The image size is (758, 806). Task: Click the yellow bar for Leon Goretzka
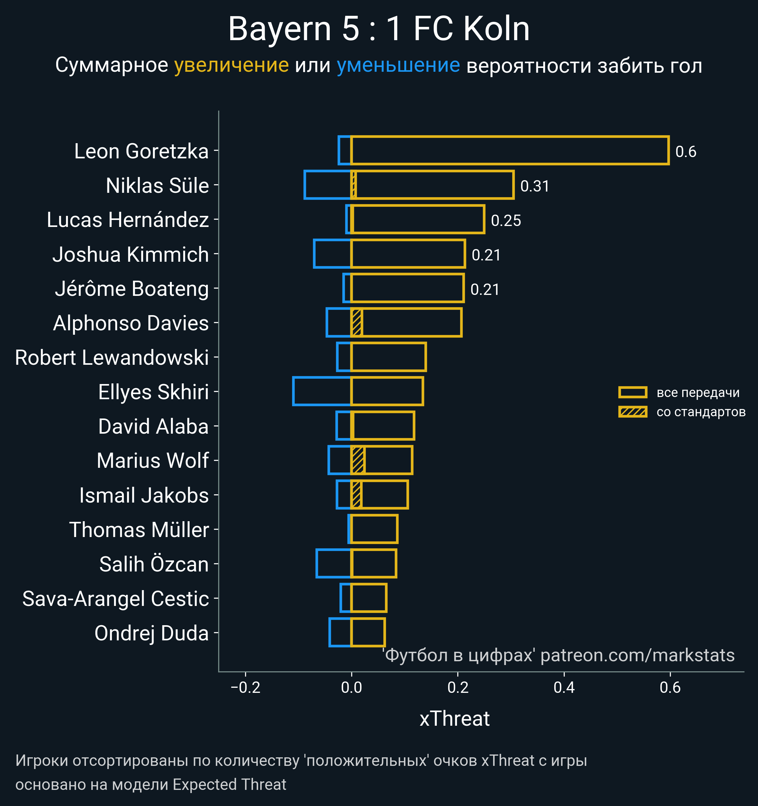[509, 150]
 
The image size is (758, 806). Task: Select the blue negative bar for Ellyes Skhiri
[322, 391]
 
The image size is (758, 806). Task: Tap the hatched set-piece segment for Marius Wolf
[358, 460]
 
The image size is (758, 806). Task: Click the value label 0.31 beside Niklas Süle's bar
[534, 186]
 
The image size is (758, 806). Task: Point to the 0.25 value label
[506, 221]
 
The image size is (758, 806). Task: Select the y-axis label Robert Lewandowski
[112, 357]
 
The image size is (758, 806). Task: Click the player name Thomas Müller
[139, 530]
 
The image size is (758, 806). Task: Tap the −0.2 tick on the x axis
[245, 687]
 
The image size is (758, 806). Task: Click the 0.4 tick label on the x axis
[564, 687]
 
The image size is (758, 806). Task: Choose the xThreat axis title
[454, 719]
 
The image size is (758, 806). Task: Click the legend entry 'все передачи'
[698, 393]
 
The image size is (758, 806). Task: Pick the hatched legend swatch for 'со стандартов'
[632, 412]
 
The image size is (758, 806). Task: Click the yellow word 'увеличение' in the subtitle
[231, 65]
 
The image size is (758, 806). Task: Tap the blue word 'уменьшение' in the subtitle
[398, 65]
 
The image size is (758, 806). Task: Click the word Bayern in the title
[280, 29]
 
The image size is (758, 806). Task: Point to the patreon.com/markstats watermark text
[637, 656]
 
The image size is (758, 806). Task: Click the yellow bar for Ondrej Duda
[367, 632]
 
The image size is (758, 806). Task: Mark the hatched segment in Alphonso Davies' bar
[357, 323]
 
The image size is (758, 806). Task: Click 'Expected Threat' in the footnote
[229, 785]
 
